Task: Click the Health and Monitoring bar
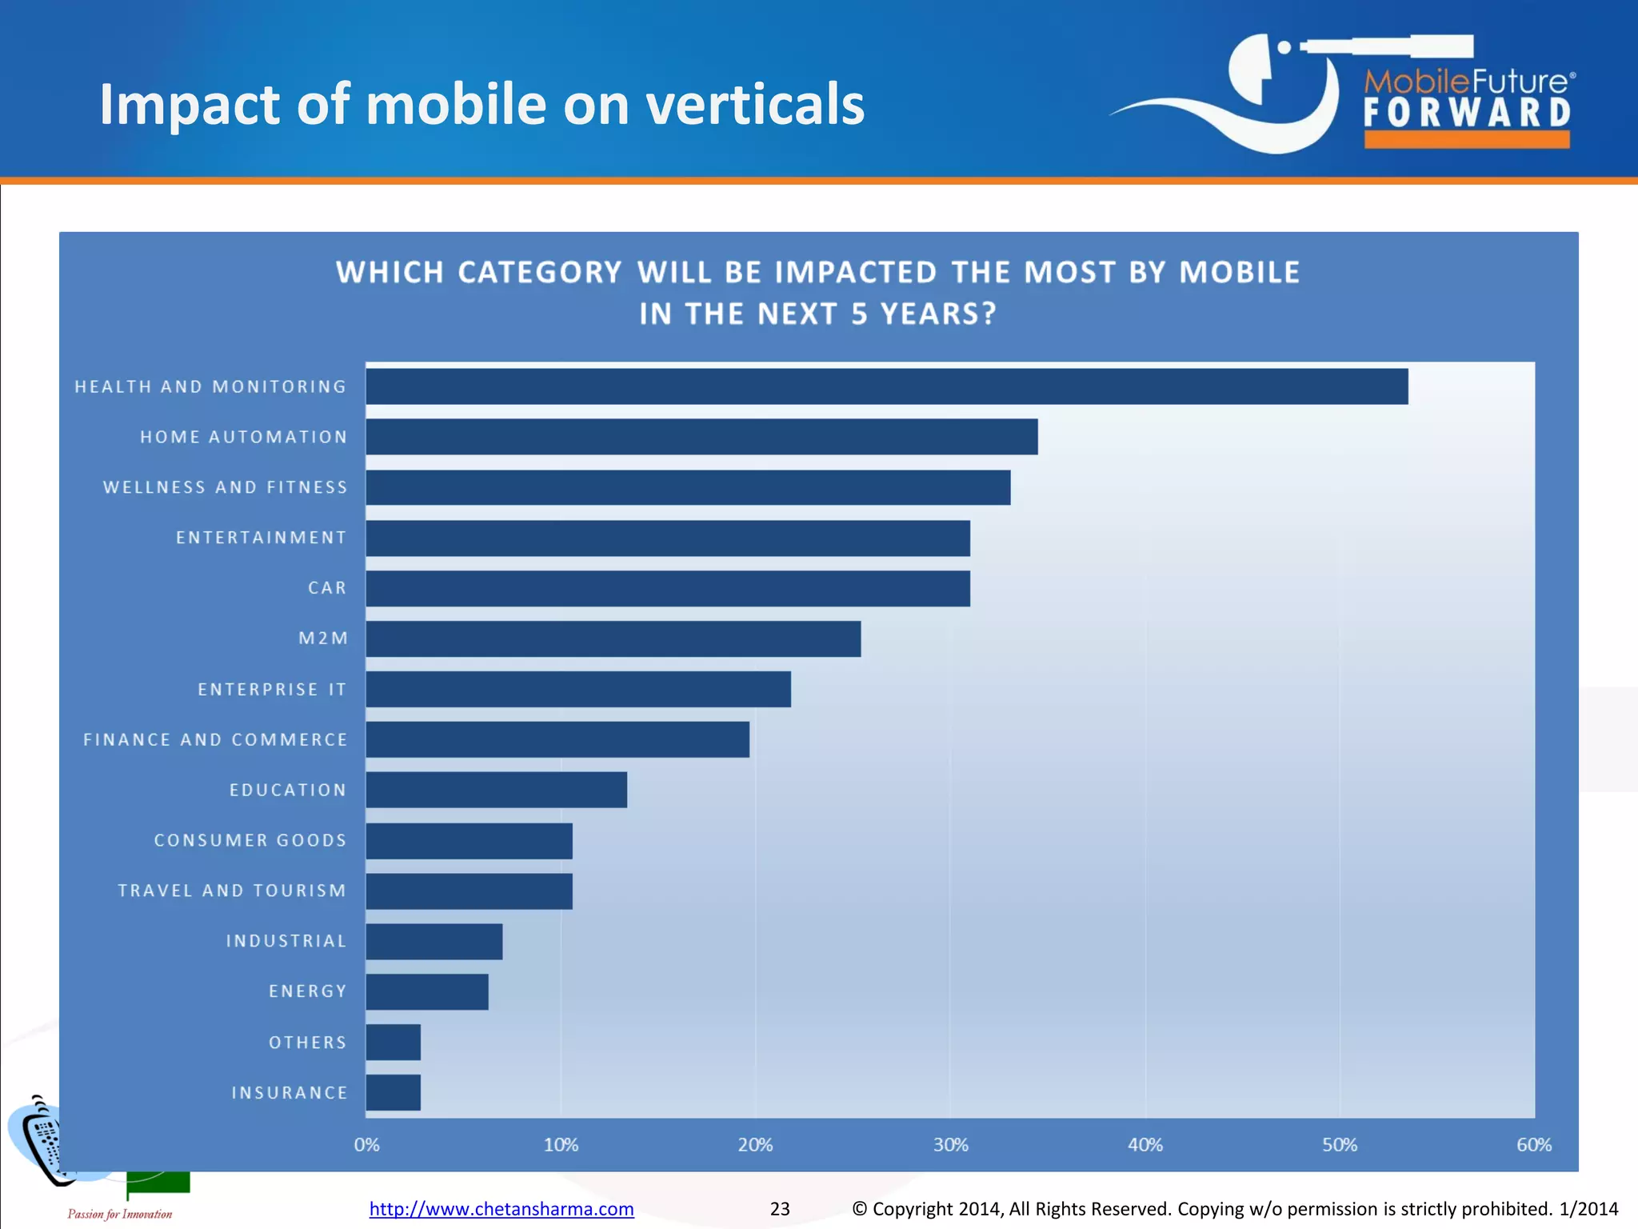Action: [x=886, y=386]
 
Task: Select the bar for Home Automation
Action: [x=701, y=437]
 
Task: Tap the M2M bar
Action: [x=613, y=639]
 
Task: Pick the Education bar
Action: [x=496, y=790]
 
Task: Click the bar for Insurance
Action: [x=393, y=1092]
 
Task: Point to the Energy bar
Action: [x=426, y=991]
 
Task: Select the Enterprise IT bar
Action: [x=577, y=689]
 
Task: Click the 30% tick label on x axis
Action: [x=950, y=1145]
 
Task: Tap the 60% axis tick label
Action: [x=1533, y=1145]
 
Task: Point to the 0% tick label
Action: [x=366, y=1145]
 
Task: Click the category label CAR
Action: [x=327, y=588]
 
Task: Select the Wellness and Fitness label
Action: [x=225, y=487]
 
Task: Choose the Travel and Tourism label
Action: [x=232, y=891]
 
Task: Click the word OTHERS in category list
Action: [x=307, y=1043]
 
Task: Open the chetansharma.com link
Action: [x=501, y=1208]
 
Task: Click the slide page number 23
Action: [x=780, y=1208]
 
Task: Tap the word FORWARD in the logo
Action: [x=1467, y=113]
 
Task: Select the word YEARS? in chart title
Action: [x=937, y=314]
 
